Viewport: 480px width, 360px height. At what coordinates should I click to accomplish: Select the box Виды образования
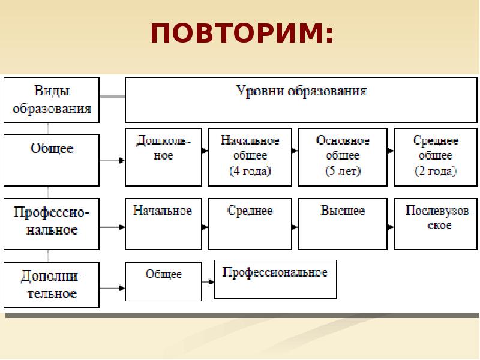pos(52,100)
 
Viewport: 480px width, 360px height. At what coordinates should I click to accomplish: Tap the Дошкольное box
pos(163,156)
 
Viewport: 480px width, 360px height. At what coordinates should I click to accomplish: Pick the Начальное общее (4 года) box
pos(250,156)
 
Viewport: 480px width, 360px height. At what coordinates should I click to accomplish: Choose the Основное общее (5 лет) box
pos(343,156)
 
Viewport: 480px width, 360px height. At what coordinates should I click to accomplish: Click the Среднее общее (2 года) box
pos(435,156)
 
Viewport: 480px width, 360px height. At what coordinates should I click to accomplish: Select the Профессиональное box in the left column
pos(52,223)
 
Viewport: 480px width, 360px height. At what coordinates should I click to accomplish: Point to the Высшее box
pos(343,223)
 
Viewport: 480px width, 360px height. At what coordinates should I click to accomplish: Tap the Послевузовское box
pos(435,223)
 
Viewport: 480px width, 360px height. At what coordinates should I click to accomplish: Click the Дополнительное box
pos(52,284)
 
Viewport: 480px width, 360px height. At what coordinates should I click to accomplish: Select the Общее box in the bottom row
pos(163,280)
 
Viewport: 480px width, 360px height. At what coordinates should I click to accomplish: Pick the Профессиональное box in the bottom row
pos(275,279)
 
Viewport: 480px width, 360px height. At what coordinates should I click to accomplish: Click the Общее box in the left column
pos(52,160)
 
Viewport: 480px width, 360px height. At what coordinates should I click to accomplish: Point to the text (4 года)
pos(250,171)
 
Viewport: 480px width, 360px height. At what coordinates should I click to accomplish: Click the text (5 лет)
pos(343,171)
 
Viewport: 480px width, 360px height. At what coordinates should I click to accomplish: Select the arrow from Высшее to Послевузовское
pos(391,227)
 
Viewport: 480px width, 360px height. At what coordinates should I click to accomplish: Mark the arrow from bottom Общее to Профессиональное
pos(208,281)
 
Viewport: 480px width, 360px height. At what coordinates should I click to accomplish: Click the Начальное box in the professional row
pos(163,223)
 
